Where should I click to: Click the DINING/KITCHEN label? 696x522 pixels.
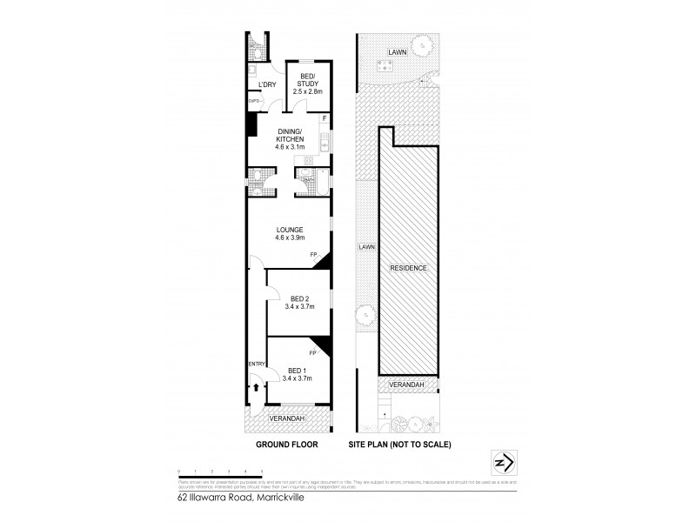[x=290, y=137]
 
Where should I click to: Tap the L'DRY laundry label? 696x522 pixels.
[x=267, y=84]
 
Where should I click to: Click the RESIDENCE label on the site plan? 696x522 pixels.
[x=408, y=268]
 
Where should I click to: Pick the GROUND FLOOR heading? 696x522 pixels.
[x=286, y=444]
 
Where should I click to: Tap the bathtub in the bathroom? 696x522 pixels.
[x=325, y=183]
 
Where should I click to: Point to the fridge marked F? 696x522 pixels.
[x=325, y=117]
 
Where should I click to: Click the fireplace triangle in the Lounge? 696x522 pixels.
[x=323, y=260]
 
